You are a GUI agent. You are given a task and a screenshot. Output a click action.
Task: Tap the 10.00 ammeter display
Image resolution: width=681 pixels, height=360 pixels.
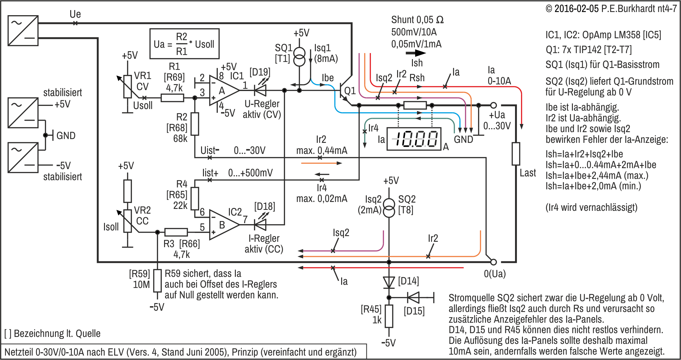point(414,139)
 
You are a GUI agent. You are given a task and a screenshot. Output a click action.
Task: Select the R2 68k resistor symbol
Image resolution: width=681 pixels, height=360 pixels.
point(195,124)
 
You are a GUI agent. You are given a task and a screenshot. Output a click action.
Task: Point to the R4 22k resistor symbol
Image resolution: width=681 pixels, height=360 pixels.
point(195,198)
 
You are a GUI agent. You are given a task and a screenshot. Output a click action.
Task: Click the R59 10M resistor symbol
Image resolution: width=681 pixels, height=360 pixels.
point(157,281)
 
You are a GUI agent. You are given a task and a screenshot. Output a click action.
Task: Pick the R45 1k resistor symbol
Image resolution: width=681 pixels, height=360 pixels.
point(389,316)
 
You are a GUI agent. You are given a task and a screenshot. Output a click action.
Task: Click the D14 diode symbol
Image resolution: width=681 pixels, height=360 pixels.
point(389,282)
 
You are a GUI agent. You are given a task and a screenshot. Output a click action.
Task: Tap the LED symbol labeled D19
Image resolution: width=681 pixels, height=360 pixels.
point(261,90)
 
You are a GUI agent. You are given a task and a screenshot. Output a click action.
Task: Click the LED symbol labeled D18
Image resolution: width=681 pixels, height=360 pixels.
point(261,225)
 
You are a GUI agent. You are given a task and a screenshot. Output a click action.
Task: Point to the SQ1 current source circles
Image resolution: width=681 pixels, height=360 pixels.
point(299,56)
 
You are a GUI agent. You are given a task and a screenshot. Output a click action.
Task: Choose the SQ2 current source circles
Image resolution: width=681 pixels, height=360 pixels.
point(389,208)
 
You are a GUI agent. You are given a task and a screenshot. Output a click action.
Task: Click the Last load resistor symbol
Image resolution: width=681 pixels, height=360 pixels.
point(516,154)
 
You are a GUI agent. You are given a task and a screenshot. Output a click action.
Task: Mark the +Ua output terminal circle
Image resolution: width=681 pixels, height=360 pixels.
point(494,105)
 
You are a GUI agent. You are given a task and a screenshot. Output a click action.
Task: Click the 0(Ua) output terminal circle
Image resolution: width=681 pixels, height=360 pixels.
point(494,262)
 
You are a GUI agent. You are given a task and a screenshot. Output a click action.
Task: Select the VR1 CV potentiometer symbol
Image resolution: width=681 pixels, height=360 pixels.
point(127,86)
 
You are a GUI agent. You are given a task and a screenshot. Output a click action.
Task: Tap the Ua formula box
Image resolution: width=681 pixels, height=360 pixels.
point(184,44)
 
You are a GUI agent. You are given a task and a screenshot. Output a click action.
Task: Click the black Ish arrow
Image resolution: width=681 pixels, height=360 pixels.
point(415,53)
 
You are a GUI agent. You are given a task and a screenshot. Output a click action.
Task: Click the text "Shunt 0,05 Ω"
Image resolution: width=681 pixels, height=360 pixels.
point(417,20)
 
